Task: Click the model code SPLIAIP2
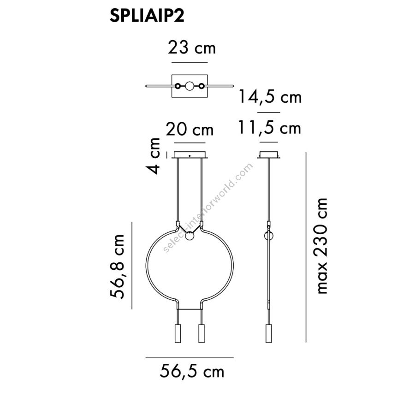[x=147, y=16]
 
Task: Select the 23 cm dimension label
[x=192, y=48]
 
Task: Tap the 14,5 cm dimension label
[x=270, y=96]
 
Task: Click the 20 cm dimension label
[x=190, y=130]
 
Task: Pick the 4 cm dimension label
[x=153, y=156]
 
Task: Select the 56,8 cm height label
[x=117, y=267]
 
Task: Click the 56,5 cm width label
[x=192, y=371]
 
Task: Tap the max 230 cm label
[x=320, y=246]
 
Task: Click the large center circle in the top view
[x=190, y=86]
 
